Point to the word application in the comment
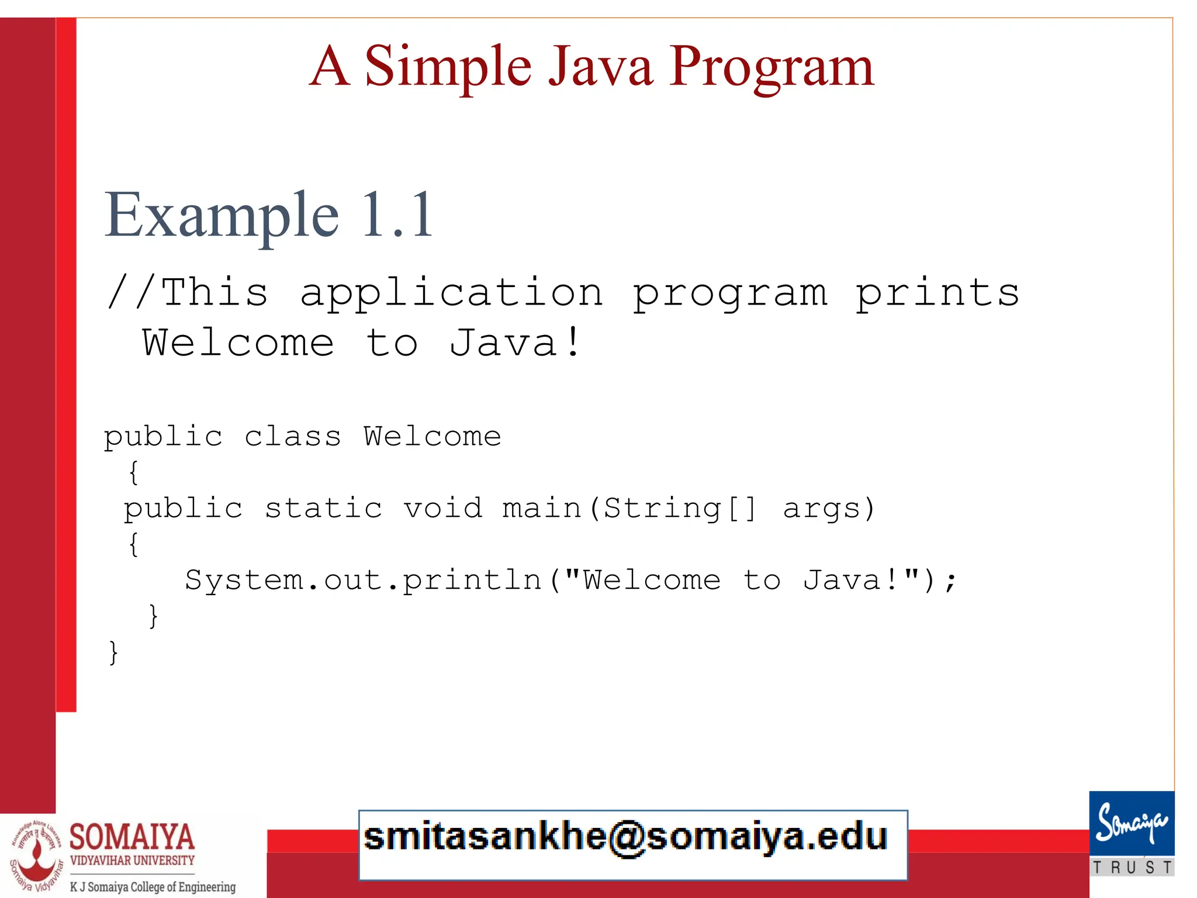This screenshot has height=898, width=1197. (x=451, y=292)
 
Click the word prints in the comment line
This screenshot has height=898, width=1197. (x=937, y=292)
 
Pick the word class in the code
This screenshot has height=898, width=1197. (x=292, y=437)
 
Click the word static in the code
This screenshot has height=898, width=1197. (x=323, y=507)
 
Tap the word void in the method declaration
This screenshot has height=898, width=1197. (x=443, y=507)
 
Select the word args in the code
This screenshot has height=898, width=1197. (x=828, y=507)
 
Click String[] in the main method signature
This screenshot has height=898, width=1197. (x=679, y=507)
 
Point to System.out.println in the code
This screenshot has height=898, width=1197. (x=364, y=580)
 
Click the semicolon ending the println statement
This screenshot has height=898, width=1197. (x=951, y=581)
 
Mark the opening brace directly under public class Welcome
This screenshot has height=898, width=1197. (x=134, y=472)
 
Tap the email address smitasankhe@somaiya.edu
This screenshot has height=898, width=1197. (x=625, y=837)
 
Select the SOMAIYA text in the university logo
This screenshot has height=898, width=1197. (x=132, y=837)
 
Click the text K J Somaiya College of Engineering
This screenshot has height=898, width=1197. (x=153, y=887)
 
